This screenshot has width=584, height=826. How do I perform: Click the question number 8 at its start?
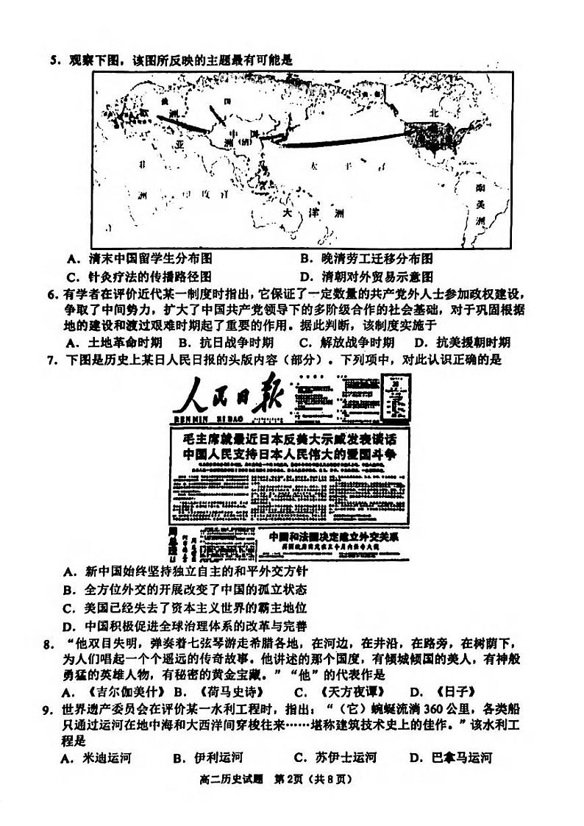[49, 645]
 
